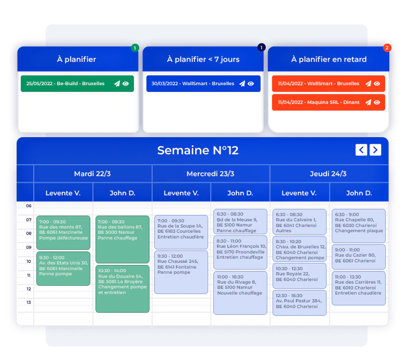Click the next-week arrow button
[x=375, y=150]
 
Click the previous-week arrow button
[x=361, y=150]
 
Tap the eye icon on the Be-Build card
[x=126, y=84]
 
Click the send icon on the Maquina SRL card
[x=369, y=102]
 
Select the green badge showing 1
[x=135, y=48]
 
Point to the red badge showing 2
[x=387, y=48]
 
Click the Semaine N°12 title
[x=198, y=151]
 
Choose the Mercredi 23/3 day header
[x=211, y=174]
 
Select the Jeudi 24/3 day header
[x=328, y=174]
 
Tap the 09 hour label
[x=29, y=247]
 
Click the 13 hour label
[x=29, y=302]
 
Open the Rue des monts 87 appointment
[x=63, y=233]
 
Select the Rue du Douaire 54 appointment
[x=123, y=289]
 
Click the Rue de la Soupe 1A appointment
[x=181, y=232]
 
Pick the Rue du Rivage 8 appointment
[x=240, y=293]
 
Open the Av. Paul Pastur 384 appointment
[x=300, y=303]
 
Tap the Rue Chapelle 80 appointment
[x=359, y=226]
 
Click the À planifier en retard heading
[x=329, y=59]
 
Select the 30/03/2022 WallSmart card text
[x=193, y=84]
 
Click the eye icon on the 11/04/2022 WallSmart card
[x=377, y=84]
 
